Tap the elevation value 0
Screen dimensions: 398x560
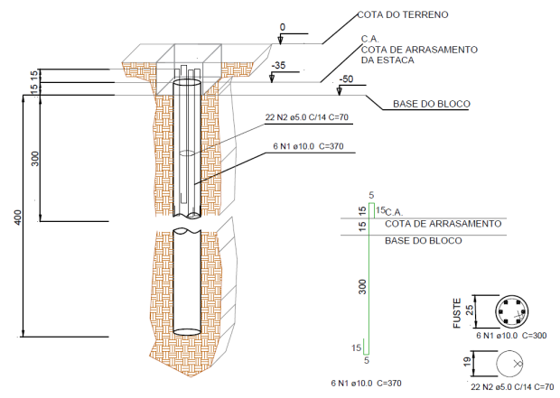[x=282, y=28]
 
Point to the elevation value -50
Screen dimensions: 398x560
[x=345, y=79]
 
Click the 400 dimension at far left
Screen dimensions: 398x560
[x=16, y=218]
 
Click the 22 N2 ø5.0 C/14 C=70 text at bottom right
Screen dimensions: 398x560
[x=513, y=386]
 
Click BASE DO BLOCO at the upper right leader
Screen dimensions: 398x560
[x=431, y=104]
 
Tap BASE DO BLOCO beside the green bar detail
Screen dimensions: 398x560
[x=423, y=241]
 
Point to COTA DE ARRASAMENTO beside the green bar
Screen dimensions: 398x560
[x=443, y=223]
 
